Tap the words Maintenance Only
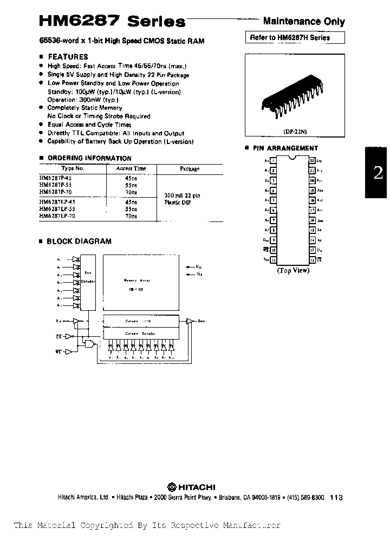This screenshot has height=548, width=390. [x=304, y=22]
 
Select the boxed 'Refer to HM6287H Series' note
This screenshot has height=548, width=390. [x=289, y=38]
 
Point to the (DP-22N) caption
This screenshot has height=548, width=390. [x=296, y=131]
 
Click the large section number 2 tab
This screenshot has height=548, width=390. [x=378, y=173]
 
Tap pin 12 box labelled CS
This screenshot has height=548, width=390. [x=313, y=260]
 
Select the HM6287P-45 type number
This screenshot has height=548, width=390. [x=55, y=177]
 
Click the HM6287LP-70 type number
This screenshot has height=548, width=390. [x=57, y=216]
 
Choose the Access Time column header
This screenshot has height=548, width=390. [x=131, y=168]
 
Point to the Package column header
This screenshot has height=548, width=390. [x=190, y=169]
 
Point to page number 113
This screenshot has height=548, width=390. [x=336, y=498]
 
